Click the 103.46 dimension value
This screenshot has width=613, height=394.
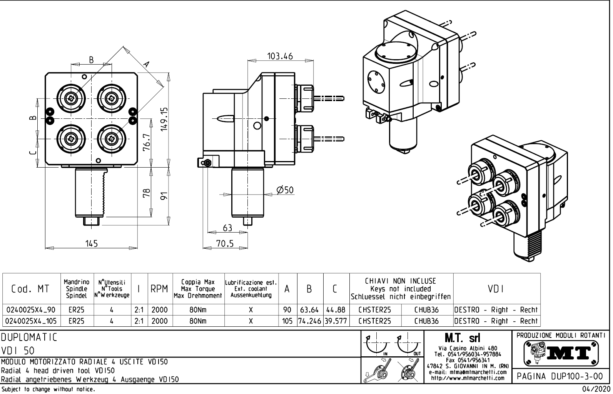coord(280,56)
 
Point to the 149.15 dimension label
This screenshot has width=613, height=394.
coord(164,120)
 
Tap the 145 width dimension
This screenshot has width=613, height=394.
coord(91,243)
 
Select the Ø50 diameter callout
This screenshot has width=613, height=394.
coord(285,190)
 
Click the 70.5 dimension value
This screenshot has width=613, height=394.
coord(224,243)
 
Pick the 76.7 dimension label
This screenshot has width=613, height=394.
coord(147,143)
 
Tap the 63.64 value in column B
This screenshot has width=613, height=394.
coord(310,310)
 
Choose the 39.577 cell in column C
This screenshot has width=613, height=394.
coord(336,321)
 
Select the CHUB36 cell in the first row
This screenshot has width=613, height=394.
coord(427,310)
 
